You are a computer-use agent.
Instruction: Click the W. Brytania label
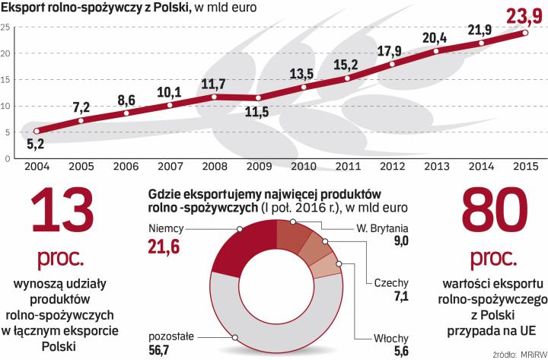coord(384,228)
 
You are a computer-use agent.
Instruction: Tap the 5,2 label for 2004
coord(37,143)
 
